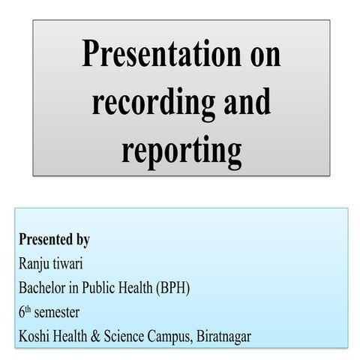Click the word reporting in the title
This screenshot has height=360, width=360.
click(181, 149)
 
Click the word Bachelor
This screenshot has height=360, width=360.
click(43, 287)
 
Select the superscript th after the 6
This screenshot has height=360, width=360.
click(29, 308)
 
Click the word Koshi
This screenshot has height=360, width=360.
click(34, 335)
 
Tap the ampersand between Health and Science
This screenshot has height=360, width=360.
click(97, 335)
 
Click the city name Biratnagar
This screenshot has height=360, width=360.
click(223, 336)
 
